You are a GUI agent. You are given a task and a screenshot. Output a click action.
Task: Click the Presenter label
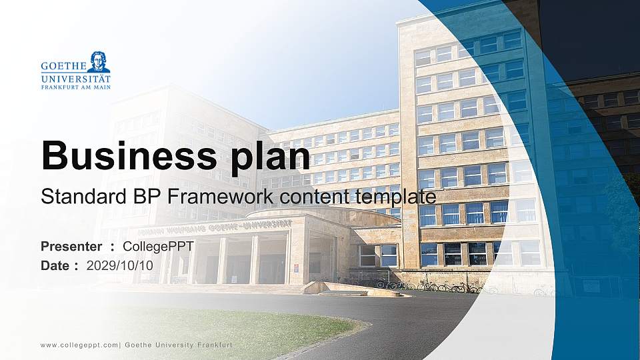[x=71, y=247]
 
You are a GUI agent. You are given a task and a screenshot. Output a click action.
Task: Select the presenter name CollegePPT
[x=158, y=247]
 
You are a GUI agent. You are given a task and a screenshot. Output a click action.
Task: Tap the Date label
[x=55, y=265]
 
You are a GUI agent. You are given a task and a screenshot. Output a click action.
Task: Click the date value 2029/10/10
[x=120, y=265]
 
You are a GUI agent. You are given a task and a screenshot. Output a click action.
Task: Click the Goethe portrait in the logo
[x=99, y=61]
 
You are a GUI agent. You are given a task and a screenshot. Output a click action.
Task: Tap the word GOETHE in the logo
[x=63, y=67]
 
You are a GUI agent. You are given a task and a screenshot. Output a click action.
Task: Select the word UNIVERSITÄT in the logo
[x=75, y=78]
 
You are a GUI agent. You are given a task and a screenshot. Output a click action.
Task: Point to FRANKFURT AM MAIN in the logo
[x=75, y=87]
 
